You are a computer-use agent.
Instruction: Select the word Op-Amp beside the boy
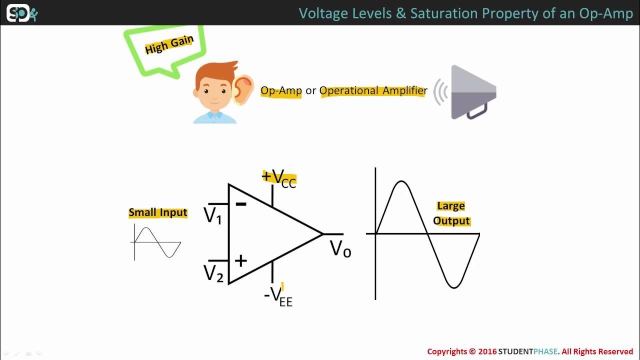[281, 91]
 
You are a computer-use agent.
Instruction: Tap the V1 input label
[213, 216]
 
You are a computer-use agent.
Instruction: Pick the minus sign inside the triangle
[241, 204]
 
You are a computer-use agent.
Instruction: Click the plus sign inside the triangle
[241, 260]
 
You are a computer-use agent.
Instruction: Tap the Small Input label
[158, 212]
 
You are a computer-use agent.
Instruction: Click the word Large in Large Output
[451, 206]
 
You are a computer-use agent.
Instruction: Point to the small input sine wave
[157, 242]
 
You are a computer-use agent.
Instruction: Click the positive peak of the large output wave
[401, 182]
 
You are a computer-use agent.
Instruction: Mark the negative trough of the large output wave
[453, 286]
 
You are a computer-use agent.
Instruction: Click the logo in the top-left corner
[21, 13]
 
